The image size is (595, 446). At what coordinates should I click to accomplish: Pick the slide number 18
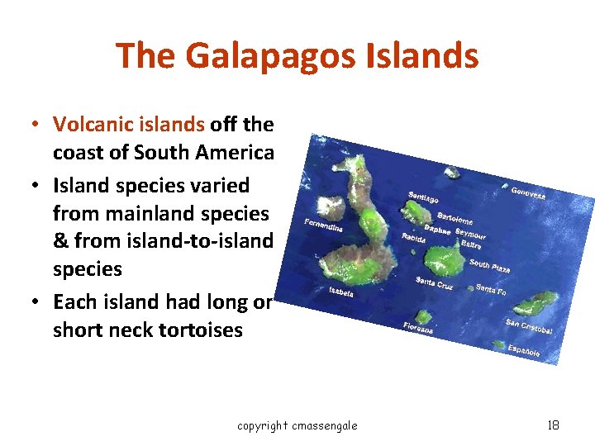[x=553, y=425]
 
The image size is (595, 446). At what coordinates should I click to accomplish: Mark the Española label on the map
[x=524, y=351]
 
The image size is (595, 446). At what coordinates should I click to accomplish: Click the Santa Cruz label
[x=435, y=282]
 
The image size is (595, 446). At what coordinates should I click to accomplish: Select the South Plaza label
[x=489, y=266]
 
